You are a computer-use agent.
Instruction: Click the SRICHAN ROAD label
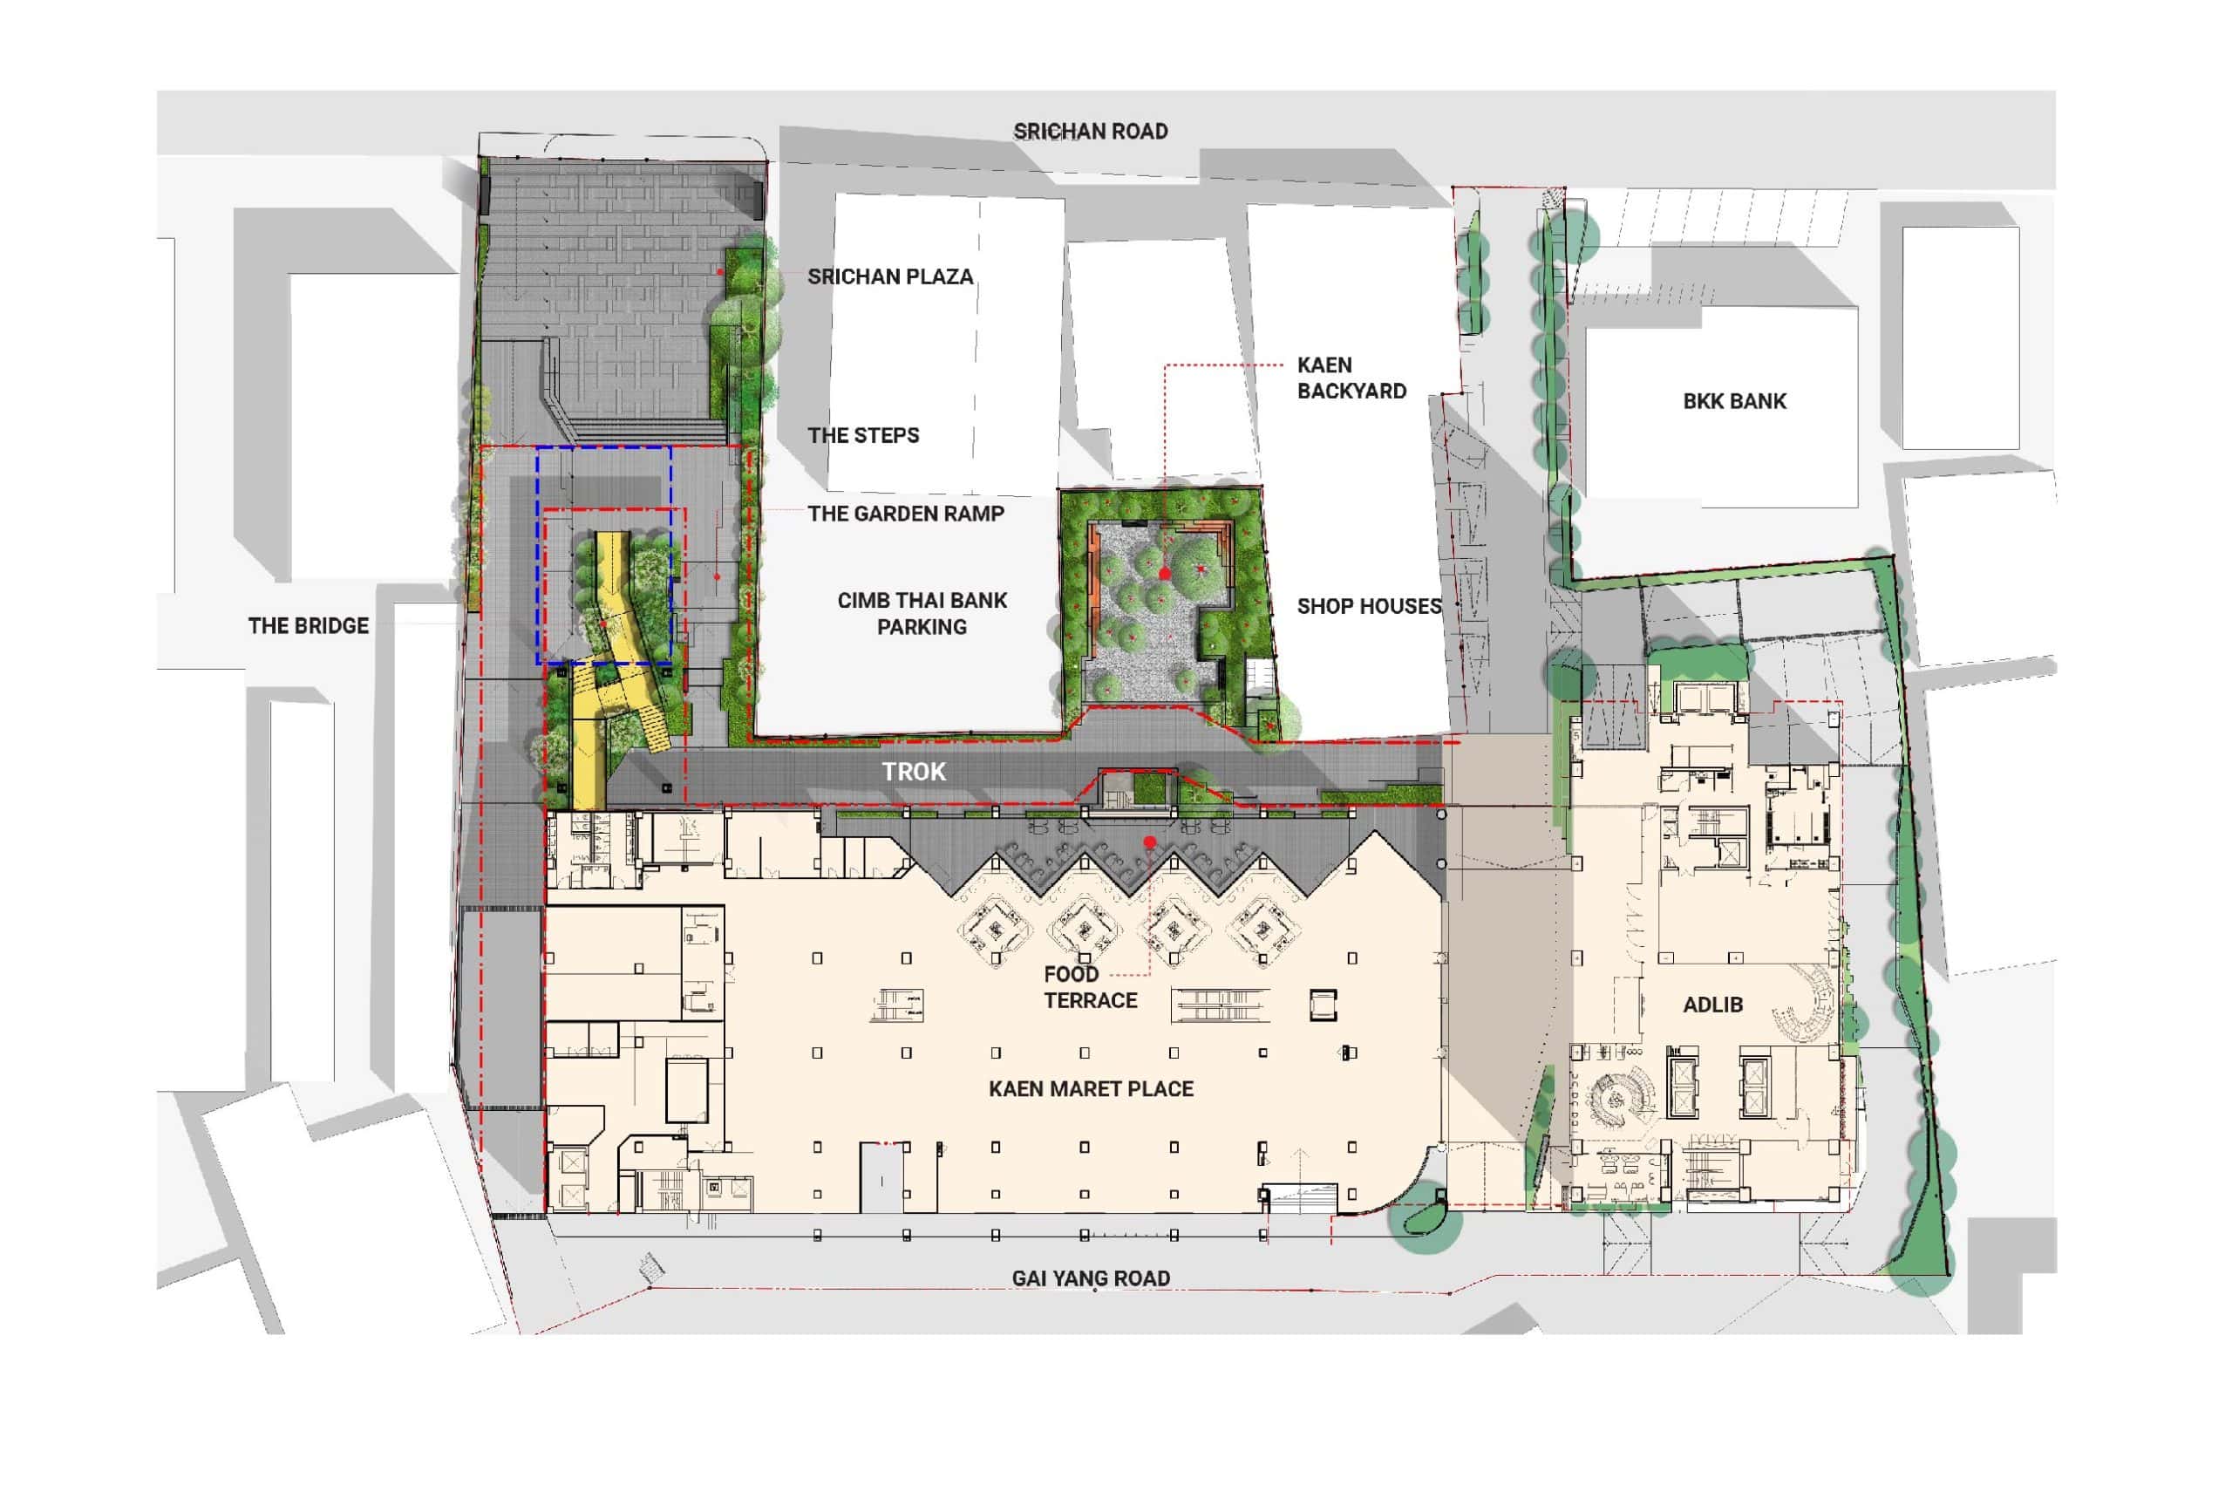tap(1091, 131)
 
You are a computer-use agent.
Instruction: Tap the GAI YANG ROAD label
tap(1091, 1278)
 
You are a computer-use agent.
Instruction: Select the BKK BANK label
tap(1734, 401)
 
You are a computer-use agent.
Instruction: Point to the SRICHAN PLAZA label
tap(890, 277)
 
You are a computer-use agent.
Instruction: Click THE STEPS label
tap(863, 436)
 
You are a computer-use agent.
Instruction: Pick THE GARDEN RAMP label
tap(905, 514)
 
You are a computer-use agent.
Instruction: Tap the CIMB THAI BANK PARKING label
tap(922, 614)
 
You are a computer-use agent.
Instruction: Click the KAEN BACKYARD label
tap(1351, 378)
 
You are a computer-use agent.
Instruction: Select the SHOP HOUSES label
tap(1369, 606)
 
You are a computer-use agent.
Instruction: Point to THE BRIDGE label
tap(308, 626)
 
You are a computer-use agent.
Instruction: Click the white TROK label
tap(913, 772)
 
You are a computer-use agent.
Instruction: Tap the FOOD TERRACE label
tap(1090, 987)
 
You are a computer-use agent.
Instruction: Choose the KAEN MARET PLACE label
tap(1091, 1089)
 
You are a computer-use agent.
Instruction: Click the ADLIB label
tap(1712, 1005)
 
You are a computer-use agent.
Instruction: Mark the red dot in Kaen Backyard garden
tap(1164, 574)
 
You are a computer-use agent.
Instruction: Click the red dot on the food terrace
tap(1150, 842)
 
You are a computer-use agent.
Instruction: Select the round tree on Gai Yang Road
tap(1426, 1218)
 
